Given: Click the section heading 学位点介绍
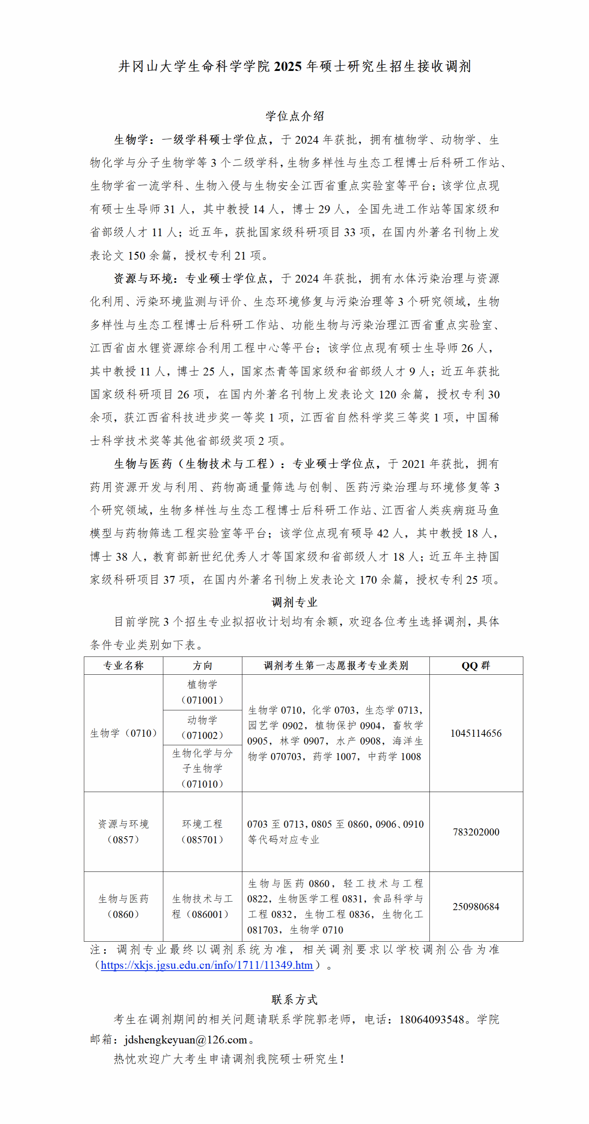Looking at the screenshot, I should pyautogui.click(x=294, y=116).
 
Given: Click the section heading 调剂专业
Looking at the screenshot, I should pyautogui.click(x=294, y=602).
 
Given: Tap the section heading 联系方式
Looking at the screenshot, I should pyautogui.click(x=294, y=999).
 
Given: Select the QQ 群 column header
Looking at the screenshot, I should pyautogui.click(x=476, y=665).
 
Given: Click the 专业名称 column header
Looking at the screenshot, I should pyautogui.click(x=123, y=665).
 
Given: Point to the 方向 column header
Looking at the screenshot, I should pyautogui.click(x=202, y=665).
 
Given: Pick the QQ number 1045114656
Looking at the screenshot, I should pyautogui.click(x=476, y=733).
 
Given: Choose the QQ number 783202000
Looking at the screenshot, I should pyautogui.click(x=476, y=832).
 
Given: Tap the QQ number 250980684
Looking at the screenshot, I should pyautogui.click(x=476, y=906).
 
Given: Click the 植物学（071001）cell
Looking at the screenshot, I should pyautogui.click(x=202, y=692).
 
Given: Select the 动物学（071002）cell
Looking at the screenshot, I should pyautogui.click(x=202, y=727).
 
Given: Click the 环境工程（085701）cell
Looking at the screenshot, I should pyautogui.click(x=202, y=832).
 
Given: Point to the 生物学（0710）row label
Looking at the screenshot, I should pyautogui.click(x=123, y=733).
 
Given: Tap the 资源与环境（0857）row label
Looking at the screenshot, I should pyautogui.click(x=123, y=832).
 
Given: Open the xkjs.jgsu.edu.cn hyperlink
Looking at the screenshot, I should pyautogui.click(x=207, y=965).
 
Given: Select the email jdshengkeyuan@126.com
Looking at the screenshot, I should pyautogui.click(x=186, y=1039).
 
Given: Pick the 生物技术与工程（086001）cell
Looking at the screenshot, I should pyautogui.click(x=202, y=906).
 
